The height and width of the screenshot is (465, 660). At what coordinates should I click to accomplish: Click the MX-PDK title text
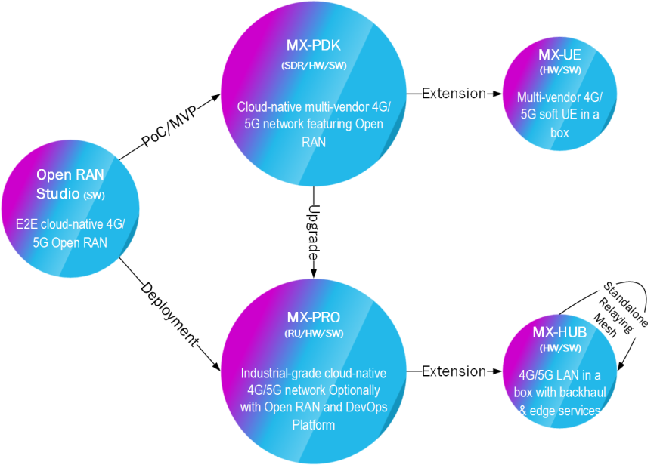pyautogui.click(x=314, y=46)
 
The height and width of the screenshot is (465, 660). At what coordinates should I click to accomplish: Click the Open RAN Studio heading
pyautogui.click(x=70, y=183)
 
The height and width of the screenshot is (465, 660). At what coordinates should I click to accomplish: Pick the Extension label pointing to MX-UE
pyautogui.click(x=454, y=94)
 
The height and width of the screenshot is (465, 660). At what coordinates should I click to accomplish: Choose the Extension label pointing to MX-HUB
pyautogui.click(x=454, y=371)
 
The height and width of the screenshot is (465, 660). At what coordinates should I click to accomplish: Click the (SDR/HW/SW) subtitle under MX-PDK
pyautogui.click(x=314, y=66)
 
